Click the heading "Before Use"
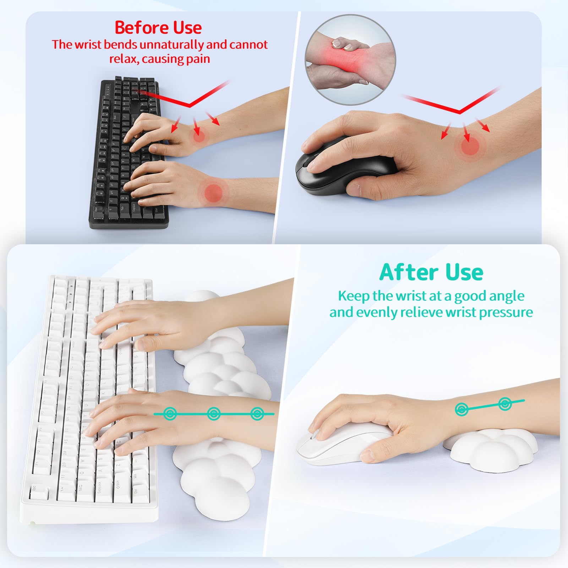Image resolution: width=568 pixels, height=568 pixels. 158,28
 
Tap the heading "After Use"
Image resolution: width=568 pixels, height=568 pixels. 431,273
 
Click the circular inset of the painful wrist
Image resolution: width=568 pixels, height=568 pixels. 350,60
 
